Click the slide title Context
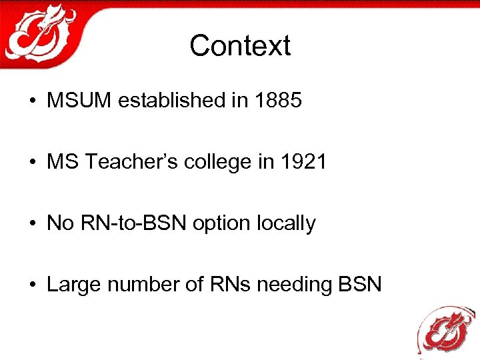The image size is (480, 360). pyautogui.click(x=240, y=46)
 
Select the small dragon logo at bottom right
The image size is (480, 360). pyautogui.click(x=445, y=329)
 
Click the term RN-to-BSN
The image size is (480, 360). pyautogui.click(x=134, y=223)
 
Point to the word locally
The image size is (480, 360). pyautogui.click(x=286, y=223)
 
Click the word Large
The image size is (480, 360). pyautogui.click(x=70, y=285)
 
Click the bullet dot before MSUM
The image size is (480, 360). pyautogui.click(x=33, y=101)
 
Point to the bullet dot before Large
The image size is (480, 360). pyautogui.click(x=33, y=285)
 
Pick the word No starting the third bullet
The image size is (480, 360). pyautogui.click(x=59, y=223)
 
